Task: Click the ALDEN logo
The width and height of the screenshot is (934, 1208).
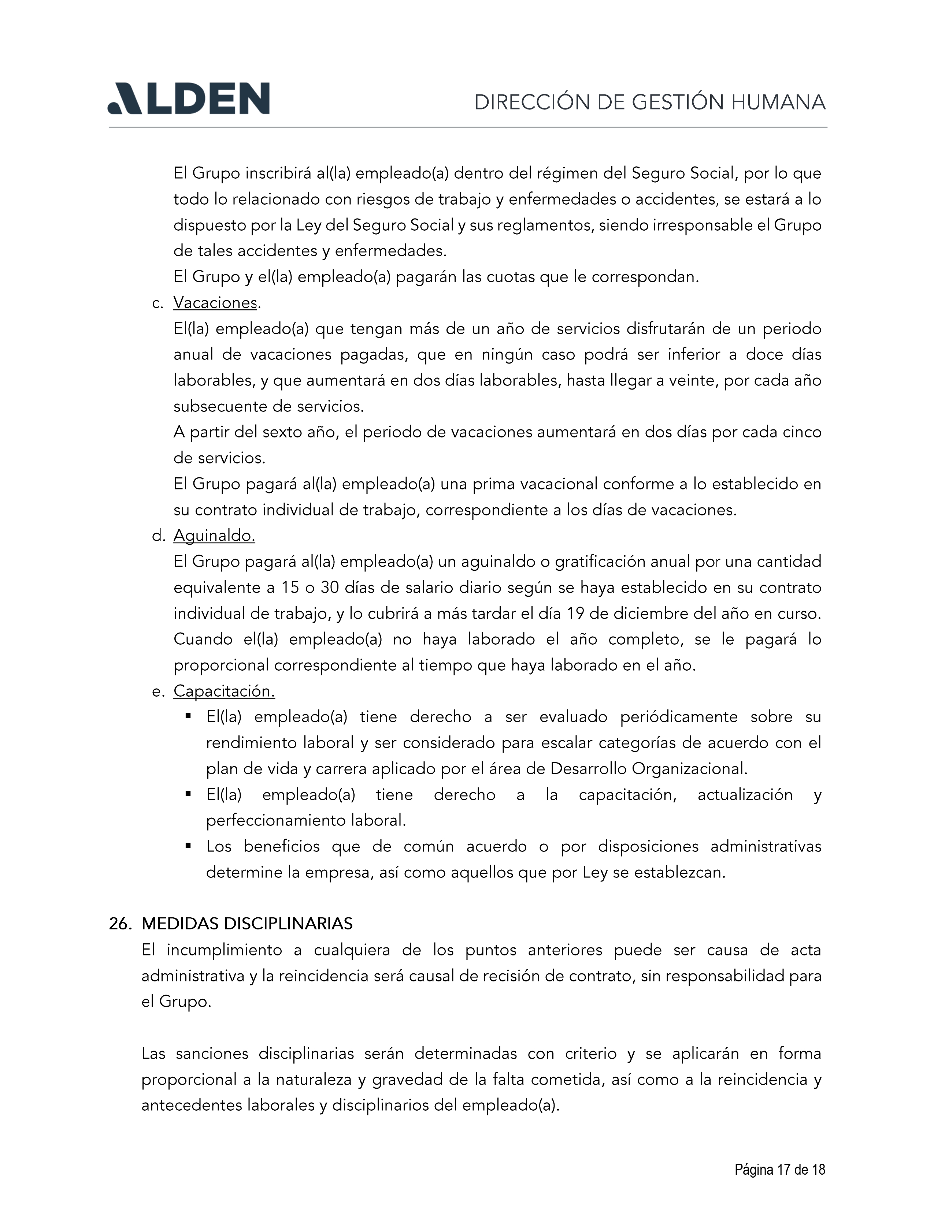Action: [188, 98]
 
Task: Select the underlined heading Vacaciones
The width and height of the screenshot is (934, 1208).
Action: [215, 303]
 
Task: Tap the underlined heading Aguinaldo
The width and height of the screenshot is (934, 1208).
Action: [214, 536]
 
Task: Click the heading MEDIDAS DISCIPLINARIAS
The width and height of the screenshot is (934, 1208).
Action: [247, 924]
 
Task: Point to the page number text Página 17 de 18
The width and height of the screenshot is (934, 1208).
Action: [780, 1169]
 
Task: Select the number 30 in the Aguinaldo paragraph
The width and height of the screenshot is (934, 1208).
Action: [329, 588]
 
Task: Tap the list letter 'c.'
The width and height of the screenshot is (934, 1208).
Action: [158, 303]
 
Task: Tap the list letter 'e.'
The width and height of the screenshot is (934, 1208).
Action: [158, 691]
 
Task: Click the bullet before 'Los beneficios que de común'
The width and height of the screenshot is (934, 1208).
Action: [188, 846]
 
